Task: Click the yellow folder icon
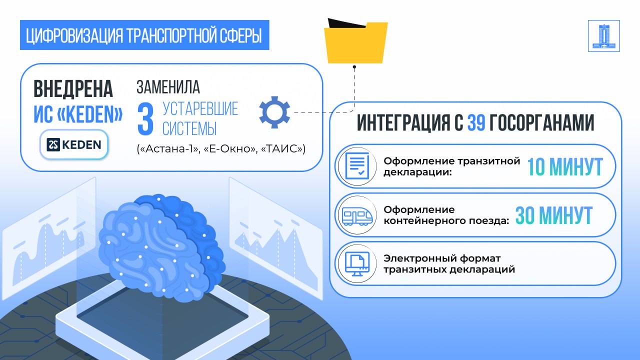(x=355, y=41)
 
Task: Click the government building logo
(x=603, y=36)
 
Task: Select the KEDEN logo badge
(x=74, y=144)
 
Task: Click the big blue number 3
(x=145, y=119)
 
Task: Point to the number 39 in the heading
(x=476, y=123)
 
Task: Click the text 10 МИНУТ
(x=565, y=167)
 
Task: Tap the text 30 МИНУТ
(x=554, y=215)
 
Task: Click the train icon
(x=357, y=215)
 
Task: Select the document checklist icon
(x=357, y=165)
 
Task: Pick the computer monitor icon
(x=357, y=263)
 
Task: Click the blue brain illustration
(x=161, y=247)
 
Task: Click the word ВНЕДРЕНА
(x=73, y=89)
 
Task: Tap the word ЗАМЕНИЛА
(x=168, y=86)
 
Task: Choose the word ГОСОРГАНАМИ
(x=541, y=123)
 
